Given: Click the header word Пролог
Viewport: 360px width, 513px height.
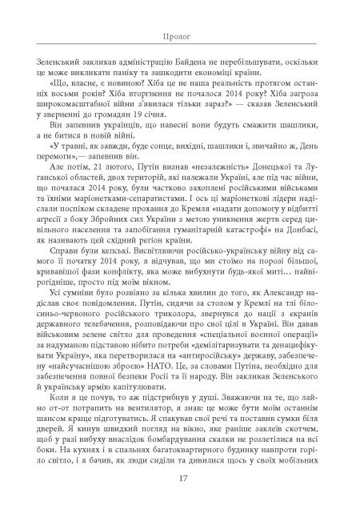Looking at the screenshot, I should [x=180, y=37].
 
